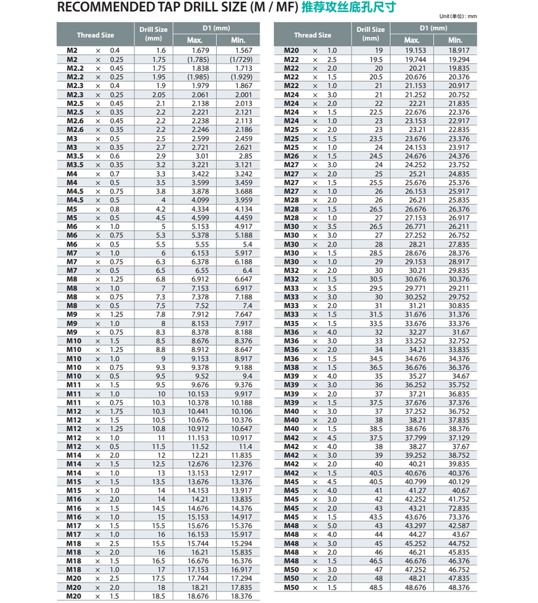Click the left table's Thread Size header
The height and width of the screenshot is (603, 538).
(x=95, y=35)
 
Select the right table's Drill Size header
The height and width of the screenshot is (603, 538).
(x=371, y=33)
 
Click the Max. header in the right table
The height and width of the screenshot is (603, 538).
(x=412, y=40)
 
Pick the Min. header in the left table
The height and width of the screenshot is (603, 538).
(x=238, y=40)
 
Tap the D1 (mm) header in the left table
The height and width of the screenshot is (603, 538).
(x=216, y=28)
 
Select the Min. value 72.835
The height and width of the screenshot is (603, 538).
(x=459, y=508)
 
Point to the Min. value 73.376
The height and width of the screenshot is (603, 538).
(x=459, y=517)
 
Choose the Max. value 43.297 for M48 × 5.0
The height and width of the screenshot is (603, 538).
(x=415, y=526)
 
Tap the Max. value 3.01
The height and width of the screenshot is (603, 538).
(x=200, y=156)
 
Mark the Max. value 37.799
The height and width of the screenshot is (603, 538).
(x=415, y=437)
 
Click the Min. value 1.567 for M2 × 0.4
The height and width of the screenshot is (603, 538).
(x=243, y=50)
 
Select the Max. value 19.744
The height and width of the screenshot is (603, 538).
(x=415, y=59)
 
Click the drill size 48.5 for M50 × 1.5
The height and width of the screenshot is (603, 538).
(x=376, y=587)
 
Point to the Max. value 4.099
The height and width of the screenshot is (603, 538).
(x=200, y=200)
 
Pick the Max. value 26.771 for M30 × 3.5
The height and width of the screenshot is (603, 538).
(x=415, y=226)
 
